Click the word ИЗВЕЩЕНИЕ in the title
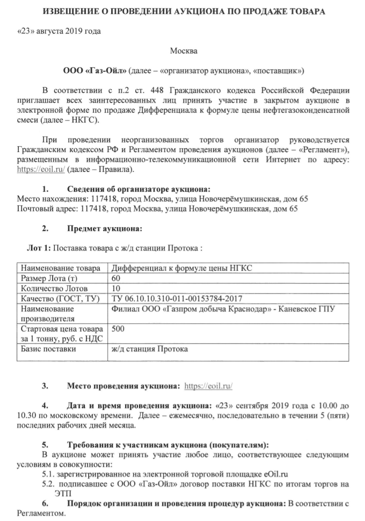66,11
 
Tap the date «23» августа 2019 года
59,30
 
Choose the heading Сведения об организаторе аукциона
138,190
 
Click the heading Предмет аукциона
104,229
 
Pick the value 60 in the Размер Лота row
116,279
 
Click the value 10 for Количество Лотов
116,289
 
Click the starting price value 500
118,329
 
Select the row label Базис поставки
48,349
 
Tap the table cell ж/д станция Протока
150,349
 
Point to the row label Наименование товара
60,268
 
